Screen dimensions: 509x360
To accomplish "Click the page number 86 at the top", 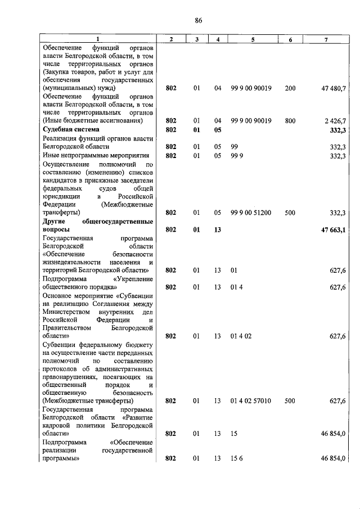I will pyautogui.click(x=198, y=20).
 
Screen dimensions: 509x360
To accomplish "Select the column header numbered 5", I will pyautogui.click(x=253, y=39).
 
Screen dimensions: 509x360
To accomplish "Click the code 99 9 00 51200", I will pyautogui.click(x=251, y=213).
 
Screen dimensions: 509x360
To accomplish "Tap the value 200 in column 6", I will pyautogui.click(x=290, y=89).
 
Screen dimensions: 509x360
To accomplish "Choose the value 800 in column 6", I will pyautogui.click(x=290, y=121).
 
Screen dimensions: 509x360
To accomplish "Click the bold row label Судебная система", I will pyautogui.click(x=69, y=130).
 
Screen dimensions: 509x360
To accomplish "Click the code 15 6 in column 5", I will pyautogui.click(x=236, y=458).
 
